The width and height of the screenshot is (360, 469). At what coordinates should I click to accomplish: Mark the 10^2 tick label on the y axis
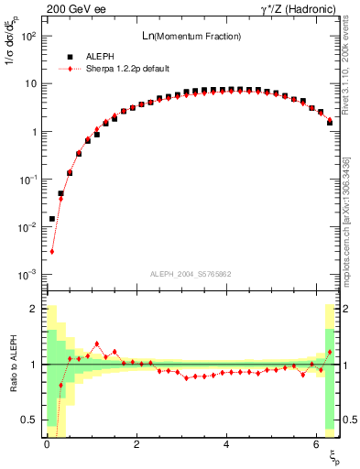(28, 37)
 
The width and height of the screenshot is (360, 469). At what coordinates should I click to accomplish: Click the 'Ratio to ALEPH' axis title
(12, 365)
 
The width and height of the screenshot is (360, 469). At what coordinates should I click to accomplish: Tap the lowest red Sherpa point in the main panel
(52, 252)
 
